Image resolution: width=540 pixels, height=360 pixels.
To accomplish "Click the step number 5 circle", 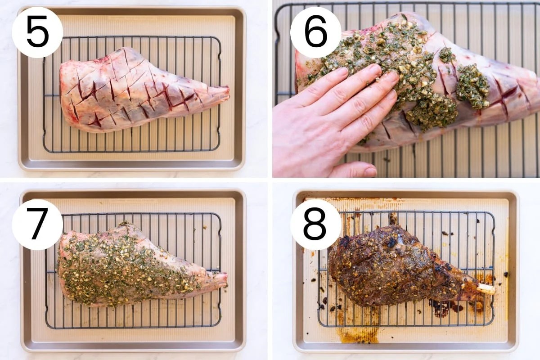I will click(37, 32).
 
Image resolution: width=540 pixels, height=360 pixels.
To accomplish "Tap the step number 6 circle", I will click(315, 32).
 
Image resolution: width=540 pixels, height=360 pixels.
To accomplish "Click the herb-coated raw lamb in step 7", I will click(130, 265).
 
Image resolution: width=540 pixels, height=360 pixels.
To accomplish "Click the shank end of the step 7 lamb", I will click(218, 280).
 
